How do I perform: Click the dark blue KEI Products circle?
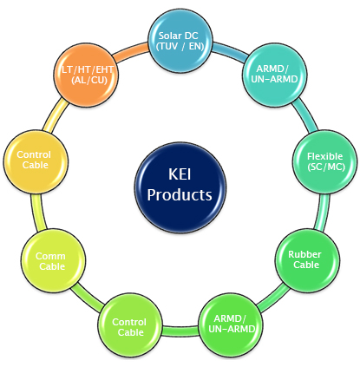[x=180, y=188]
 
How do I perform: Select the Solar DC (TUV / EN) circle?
[x=180, y=41]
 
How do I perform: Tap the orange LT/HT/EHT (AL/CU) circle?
[x=86, y=75]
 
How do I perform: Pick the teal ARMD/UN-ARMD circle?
[x=274, y=75]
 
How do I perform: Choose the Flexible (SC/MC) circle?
[x=325, y=161]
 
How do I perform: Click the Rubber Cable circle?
[x=307, y=260]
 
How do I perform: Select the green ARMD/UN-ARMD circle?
[x=231, y=324]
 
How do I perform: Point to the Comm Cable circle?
[x=53, y=260]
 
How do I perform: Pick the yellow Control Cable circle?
[x=36, y=161]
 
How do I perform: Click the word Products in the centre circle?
[x=180, y=194]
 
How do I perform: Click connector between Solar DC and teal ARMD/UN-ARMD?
[x=231, y=51]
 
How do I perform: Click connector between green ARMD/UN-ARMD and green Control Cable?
[x=180, y=331]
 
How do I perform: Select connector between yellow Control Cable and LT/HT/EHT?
[x=56, y=115]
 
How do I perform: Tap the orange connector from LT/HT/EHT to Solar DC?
[x=131, y=51]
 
